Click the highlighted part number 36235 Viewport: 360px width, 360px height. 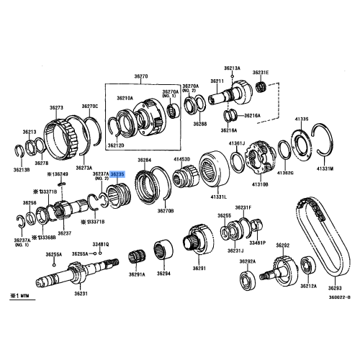(x=117, y=174)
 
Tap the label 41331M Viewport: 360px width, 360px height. (x=327, y=169)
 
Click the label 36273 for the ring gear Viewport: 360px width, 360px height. (x=57, y=107)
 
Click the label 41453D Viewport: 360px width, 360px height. (x=181, y=158)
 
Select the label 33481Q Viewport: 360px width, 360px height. (x=101, y=244)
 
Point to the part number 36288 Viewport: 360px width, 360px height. (x=199, y=124)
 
